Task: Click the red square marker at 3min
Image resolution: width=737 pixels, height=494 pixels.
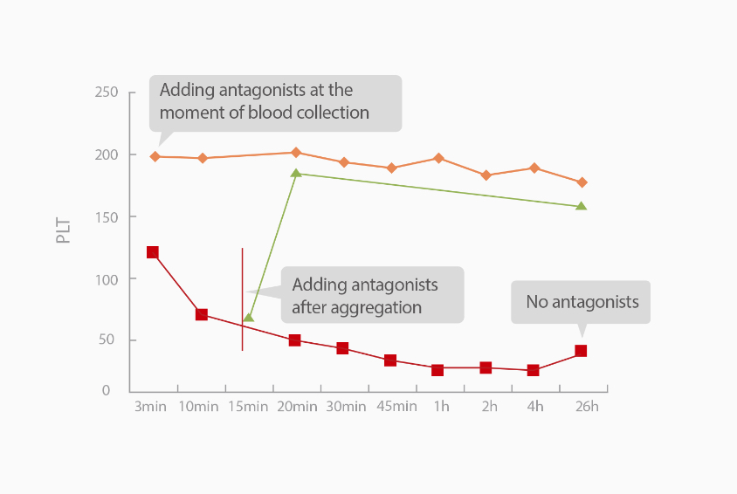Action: click(x=153, y=252)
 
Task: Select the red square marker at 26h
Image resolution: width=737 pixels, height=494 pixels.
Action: click(x=581, y=351)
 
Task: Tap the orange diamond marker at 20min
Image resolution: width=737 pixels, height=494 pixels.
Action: click(x=295, y=153)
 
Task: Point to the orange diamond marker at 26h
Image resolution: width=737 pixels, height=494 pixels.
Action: click(x=582, y=182)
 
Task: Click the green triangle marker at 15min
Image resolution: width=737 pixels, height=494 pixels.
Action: click(x=249, y=317)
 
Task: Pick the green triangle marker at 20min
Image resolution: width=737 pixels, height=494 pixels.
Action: click(x=296, y=173)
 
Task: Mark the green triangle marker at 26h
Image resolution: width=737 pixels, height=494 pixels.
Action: click(x=582, y=206)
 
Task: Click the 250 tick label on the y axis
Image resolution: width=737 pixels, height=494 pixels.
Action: click(x=107, y=93)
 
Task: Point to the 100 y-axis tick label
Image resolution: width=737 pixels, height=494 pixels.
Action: click(x=107, y=278)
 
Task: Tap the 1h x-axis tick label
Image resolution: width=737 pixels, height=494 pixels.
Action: click(x=441, y=406)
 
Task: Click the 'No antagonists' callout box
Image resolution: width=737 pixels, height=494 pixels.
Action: click(x=581, y=302)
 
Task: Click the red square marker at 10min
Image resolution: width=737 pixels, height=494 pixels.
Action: click(x=201, y=314)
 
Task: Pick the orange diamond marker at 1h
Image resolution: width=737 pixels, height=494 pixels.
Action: click(x=438, y=158)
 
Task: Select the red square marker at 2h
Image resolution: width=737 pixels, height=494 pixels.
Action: click(x=486, y=367)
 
